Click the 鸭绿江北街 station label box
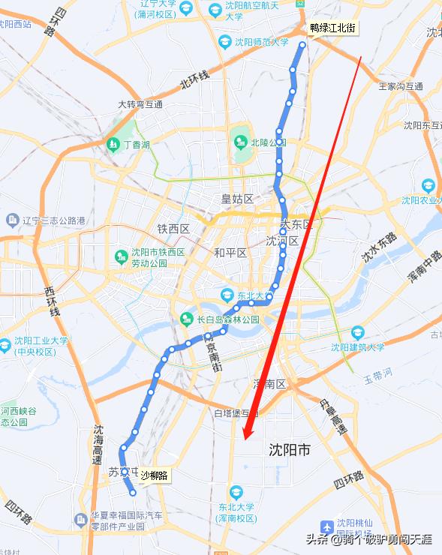(334, 28)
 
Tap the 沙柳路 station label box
(154, 475)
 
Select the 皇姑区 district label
(237, 199)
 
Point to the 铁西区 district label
(173, 229)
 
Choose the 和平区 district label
(230, 253)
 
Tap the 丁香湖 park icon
(112, 143)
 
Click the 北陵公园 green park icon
(240, 141)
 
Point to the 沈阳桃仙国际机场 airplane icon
(327, 527)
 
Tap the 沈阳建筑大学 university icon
(358, 332)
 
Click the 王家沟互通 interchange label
(401, 86)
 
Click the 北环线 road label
(194, 79)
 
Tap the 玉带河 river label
(379, 373)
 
